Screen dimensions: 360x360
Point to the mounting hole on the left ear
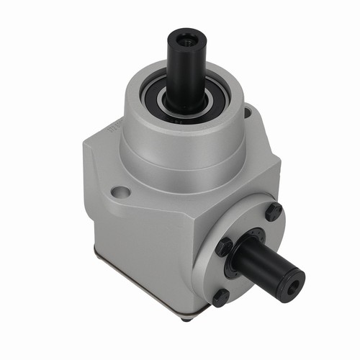[x=122, y=192]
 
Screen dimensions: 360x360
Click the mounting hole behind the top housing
[x=248, y=112]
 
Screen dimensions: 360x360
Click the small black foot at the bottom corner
[x=186, y=317]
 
